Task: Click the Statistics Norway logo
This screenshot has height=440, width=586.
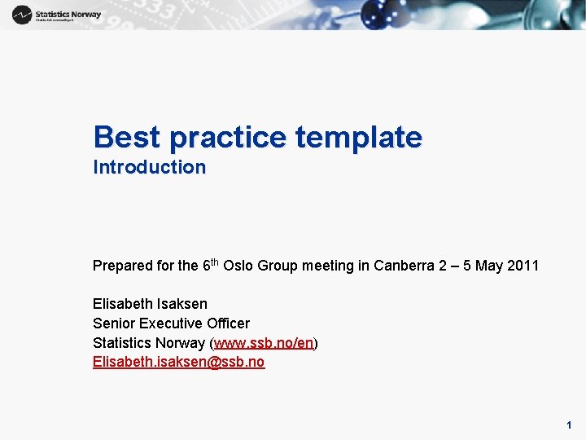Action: coord(56,15)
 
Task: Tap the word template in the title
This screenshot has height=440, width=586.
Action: coord(359,137)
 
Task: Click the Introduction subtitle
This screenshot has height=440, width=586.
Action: coord(149,168)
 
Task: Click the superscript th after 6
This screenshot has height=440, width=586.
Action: coord(214,262)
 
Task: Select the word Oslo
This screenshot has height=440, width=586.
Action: coord(238,266)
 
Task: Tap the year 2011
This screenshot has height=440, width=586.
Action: coord(523,266)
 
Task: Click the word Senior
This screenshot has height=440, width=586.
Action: coord(113,323)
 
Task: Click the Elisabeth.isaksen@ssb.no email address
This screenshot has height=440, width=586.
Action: coord(178,362)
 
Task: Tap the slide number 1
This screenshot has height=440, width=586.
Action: coord(569,425)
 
